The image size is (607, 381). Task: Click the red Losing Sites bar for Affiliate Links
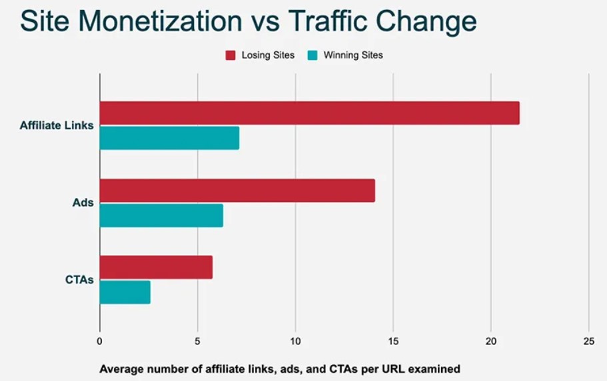(x=309, y=113)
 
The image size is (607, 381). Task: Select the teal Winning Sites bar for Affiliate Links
(x=169, y=138)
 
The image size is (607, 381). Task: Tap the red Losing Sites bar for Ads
(x=237, y=190)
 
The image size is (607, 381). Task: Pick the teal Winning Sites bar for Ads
(x=161, y=215)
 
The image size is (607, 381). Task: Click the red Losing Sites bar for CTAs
(x=156, y=268)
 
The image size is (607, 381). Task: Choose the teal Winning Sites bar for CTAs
(x=125, y=292)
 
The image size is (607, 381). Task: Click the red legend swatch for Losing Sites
(x=231, y=55)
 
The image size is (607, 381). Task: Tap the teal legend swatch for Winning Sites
(x=313, y=55)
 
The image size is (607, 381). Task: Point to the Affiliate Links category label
(x=57, y=125)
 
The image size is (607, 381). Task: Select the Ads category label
(x=83, y=202)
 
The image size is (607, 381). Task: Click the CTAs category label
(x=79, y=280)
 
